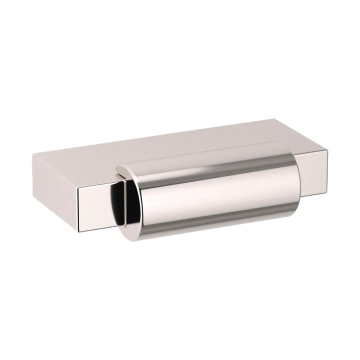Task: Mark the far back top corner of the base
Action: pyautogui.click(x=274, y=119)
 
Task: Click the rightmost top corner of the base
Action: pyautogui.click(x=327, y=149)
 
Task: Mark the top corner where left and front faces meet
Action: pyautogui.click(x=79, y=187)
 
